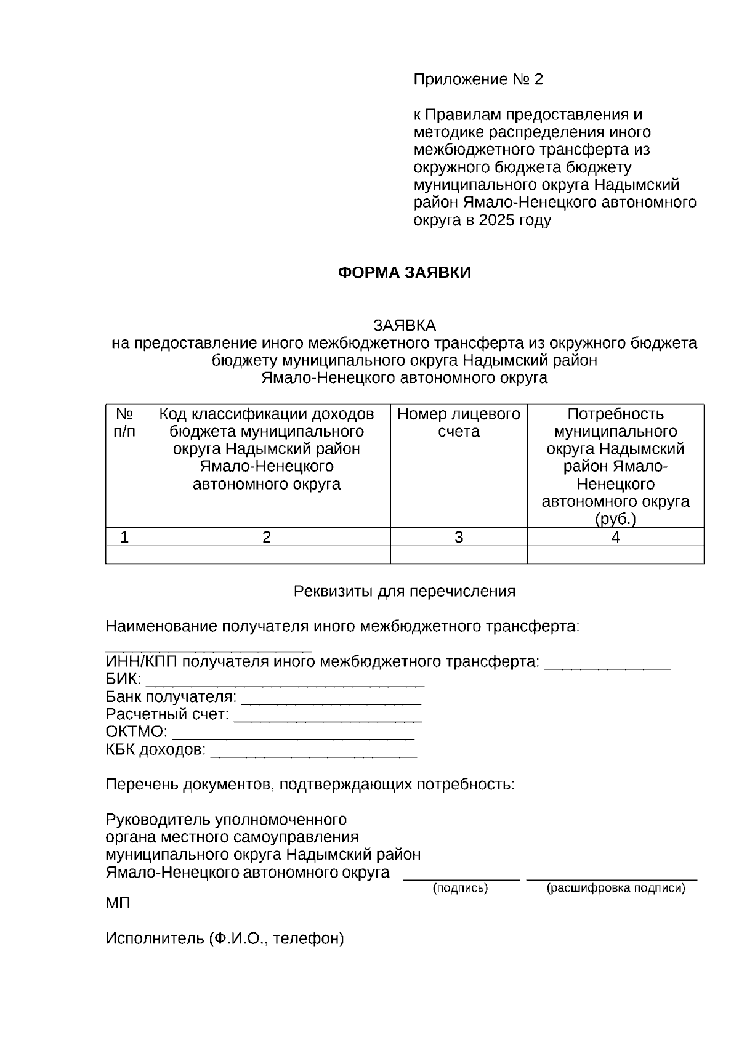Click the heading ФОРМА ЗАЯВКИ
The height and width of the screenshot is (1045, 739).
pos(404,273)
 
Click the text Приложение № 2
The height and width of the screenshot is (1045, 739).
pos(479,79)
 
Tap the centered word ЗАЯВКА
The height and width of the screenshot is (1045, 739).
pos(404,325)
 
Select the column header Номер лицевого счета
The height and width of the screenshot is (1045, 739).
pos(459,422)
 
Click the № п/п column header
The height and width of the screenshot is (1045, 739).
pos(124,422)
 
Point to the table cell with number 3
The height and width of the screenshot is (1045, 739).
pos(459,537)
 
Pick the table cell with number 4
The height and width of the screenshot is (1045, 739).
pos(615,537)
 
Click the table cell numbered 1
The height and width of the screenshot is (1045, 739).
pos(124,537)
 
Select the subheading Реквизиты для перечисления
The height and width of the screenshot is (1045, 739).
pos(404,592)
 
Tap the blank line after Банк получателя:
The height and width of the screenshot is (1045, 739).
pos(331,701)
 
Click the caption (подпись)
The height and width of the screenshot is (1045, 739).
pos(461,888)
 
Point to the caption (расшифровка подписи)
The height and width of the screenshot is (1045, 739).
pos(616,888)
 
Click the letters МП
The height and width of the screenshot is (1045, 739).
pos(118,903)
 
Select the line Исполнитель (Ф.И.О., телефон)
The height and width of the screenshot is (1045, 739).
pos(225,938)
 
